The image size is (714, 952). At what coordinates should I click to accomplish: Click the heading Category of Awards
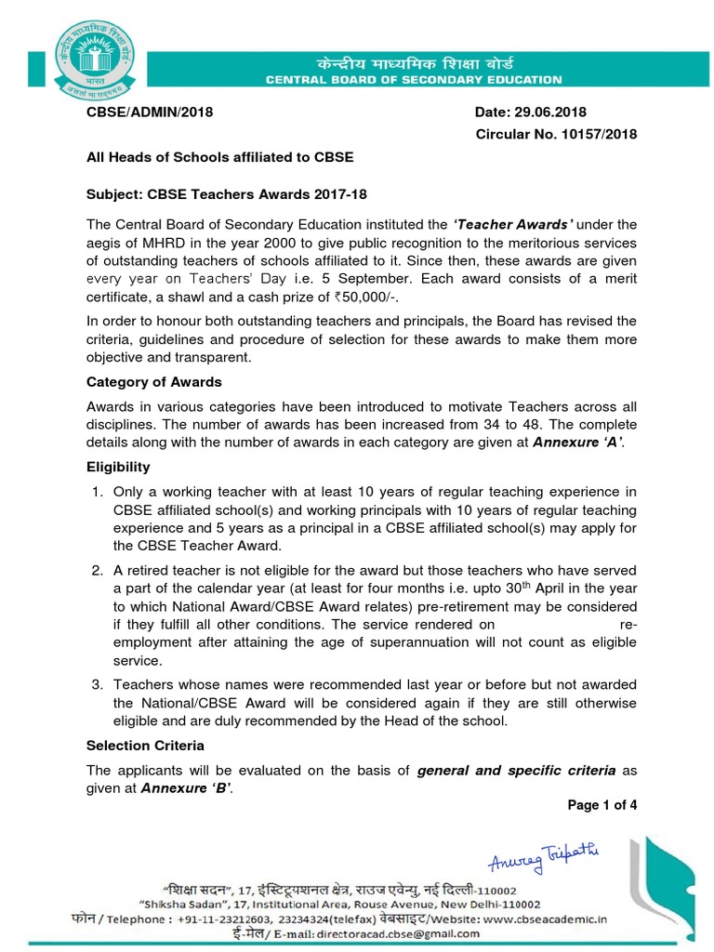tap(154, 381)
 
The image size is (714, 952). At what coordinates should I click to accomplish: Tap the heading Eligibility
tap(118, 467)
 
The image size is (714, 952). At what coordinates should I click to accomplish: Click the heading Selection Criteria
tap(145, 746)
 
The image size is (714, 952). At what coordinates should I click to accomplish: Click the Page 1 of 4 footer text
tap(601, 805)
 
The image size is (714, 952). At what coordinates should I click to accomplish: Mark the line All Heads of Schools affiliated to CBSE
tap(220, 157)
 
